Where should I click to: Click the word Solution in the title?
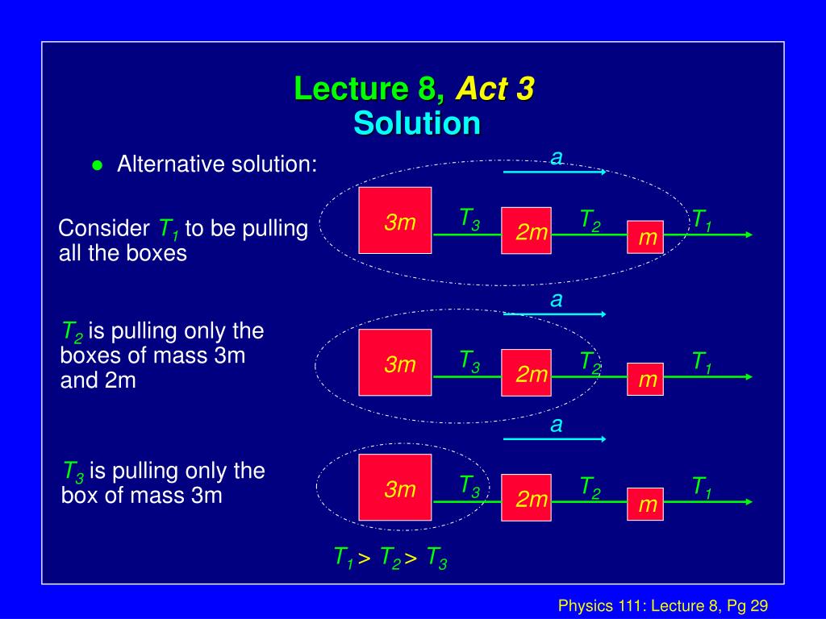416,123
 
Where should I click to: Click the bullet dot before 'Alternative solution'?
98,165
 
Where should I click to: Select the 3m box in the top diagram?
395,220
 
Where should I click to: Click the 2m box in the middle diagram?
526,373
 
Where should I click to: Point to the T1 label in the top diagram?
701,221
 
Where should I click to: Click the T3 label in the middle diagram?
469,362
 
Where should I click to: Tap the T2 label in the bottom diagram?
590,488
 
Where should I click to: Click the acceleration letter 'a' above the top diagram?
557,158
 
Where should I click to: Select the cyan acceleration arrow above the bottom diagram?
554,439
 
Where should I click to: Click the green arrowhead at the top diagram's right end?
748,235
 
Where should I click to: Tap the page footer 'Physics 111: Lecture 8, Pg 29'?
662,605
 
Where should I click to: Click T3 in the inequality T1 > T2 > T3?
436,558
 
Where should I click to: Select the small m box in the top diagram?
645,237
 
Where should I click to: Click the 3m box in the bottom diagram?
395,488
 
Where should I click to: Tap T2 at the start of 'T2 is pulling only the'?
73,332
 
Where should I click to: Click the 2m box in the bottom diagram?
526,500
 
